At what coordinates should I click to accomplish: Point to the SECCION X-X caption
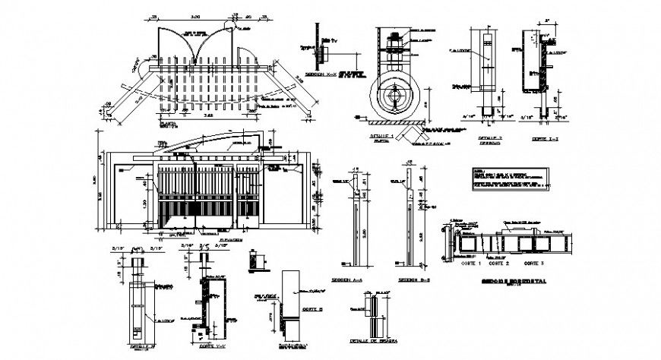[318, 76]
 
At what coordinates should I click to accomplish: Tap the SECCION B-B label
[399, 280]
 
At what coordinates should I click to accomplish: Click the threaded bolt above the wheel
[394, 47]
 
